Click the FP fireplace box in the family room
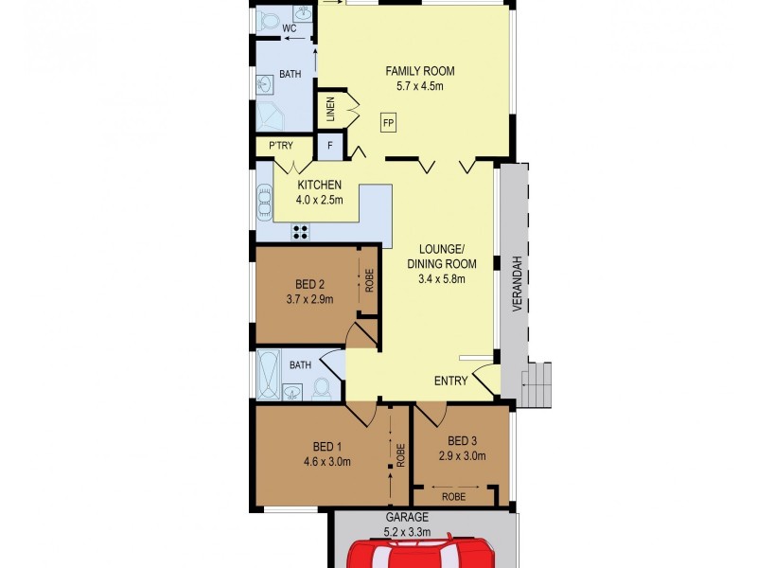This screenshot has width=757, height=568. point(389,123)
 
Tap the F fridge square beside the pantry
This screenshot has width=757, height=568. point(329,146)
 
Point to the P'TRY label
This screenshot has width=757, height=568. point(279,146)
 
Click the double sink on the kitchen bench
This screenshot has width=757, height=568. point(263,202)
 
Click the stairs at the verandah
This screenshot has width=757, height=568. point(537,384)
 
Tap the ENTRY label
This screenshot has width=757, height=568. point(450,381)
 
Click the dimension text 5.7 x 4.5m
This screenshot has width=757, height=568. point(419,86)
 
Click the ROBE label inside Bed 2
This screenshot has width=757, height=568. point(369,282)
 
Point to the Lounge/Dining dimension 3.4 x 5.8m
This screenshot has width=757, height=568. point(441,278)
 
